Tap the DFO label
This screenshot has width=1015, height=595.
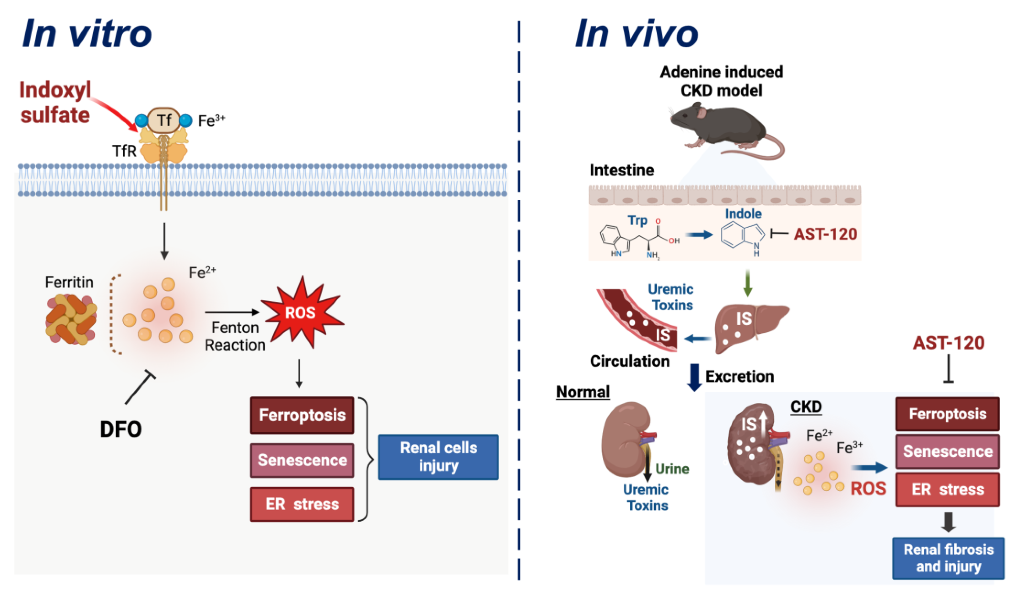(x=121, y=429)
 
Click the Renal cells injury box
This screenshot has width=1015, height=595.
(x=438, y=457)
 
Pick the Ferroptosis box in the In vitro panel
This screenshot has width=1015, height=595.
(x=302, y=415)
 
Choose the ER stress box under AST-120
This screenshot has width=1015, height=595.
(x=947, y=489)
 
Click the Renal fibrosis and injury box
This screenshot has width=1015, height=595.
(x=949, y=558)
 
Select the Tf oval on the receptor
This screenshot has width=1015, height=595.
(x=164, y=120)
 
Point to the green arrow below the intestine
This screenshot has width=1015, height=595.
(x=748, y=283)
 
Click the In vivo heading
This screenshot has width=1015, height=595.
(x=637, y=34)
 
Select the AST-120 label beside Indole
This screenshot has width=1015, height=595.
(x=825, y=234)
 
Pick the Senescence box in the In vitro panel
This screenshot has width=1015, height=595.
(x=302, y=460)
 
